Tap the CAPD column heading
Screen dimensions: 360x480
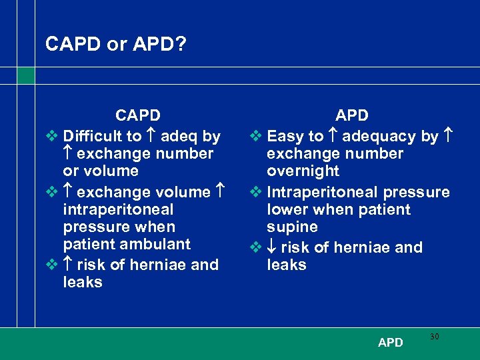pyautogui.click(x=138, y=116)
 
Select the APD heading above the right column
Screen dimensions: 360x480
pyautogui.click(x=351, y=116)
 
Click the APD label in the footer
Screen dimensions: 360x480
pyautogui.click(x=390, y=343)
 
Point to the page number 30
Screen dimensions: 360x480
pyautogui.click(x=434, y=337)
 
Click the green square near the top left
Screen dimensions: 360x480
pyautogui.click(x=26, y=76)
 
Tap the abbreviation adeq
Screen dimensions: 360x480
pyautogui.click(x=179, y=137)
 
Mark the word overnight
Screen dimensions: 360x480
pyautogui.click(x=303, y=171)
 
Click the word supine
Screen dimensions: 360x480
pyautogui.click(x=293, y=227)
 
